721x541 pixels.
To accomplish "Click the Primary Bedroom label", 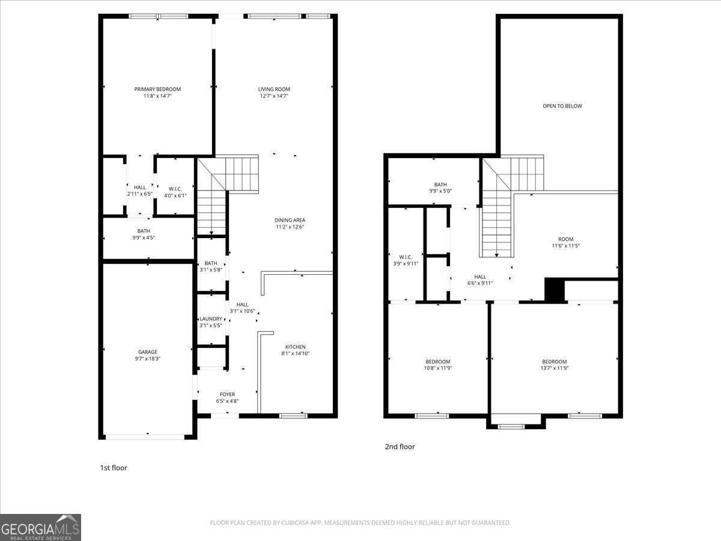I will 157,89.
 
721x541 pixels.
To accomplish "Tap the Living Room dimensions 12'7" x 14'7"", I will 274,96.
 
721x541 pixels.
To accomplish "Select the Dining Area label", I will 290,220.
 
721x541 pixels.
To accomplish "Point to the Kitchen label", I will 295,347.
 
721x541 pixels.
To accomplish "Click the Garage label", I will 147,352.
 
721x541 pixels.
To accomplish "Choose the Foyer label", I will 227,394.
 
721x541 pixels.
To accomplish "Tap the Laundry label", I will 211,319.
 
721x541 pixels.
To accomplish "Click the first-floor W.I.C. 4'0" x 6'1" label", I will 175,191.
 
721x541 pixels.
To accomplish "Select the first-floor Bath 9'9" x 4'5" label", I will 144,234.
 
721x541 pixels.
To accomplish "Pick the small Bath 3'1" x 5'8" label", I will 211,266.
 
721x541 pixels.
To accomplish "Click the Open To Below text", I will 562,106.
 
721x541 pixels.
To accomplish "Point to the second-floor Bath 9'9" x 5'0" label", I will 440,188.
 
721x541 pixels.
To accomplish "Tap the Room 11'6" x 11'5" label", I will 565,242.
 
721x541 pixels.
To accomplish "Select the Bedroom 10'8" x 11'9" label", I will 437,365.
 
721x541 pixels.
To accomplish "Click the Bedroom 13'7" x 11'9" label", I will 554,365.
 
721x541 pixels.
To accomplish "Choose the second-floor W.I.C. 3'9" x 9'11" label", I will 406,260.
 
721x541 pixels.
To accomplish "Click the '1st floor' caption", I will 113,467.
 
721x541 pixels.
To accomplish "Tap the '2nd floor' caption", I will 400,447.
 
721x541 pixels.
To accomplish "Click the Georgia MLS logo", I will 40,527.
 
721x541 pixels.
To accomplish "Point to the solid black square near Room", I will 555,290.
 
